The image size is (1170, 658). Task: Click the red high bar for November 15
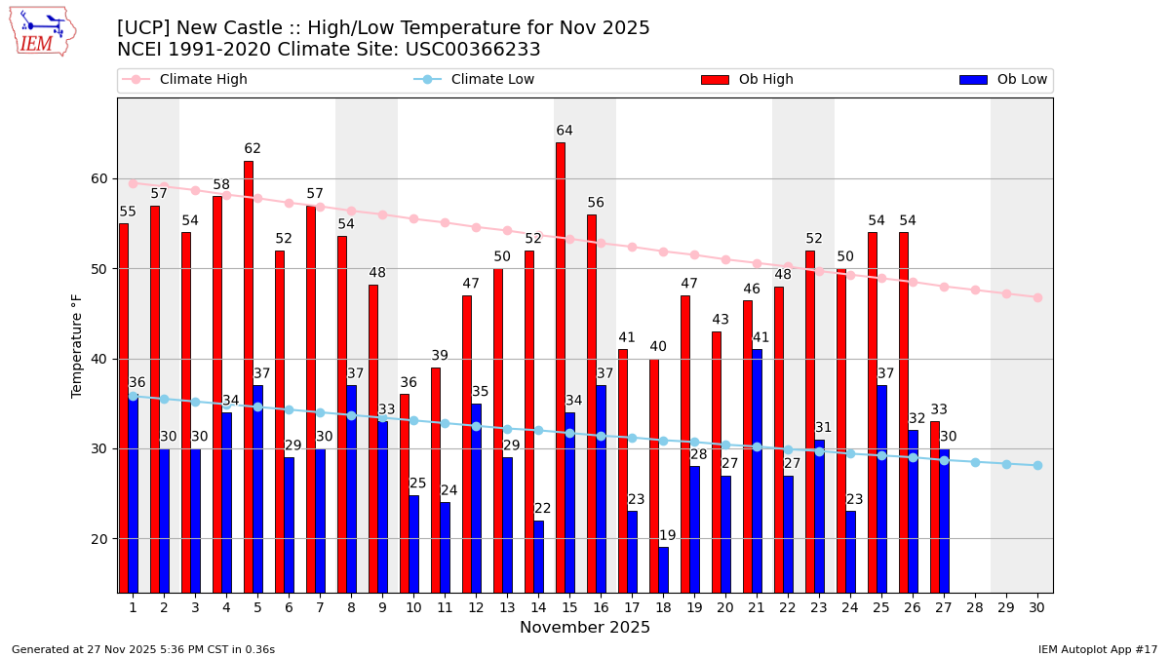tap(561, 368)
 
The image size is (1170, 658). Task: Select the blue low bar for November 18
tap(664, 569)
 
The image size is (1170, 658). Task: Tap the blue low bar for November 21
tap(758, 471)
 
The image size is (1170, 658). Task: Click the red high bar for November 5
tap(249, 376)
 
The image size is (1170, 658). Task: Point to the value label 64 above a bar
tap(565, 131)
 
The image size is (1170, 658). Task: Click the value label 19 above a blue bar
tap(667, 536)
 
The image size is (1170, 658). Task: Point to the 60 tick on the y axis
tap(99, 178)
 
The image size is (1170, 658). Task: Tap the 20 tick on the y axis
tap(99, 539)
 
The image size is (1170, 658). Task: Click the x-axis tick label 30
tap(1037, 607)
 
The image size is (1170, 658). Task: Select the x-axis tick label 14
tap(538, 607)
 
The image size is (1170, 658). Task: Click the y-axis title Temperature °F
tap(77, 345)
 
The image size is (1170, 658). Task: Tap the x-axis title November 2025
tap(585, 628)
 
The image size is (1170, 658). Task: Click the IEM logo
tap(42, 31)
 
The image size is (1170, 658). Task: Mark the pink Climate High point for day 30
tap(1037, 297)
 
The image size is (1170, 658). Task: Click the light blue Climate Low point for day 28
tap(975, 462)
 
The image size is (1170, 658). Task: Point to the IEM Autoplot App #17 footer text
tap(1098, 649)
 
